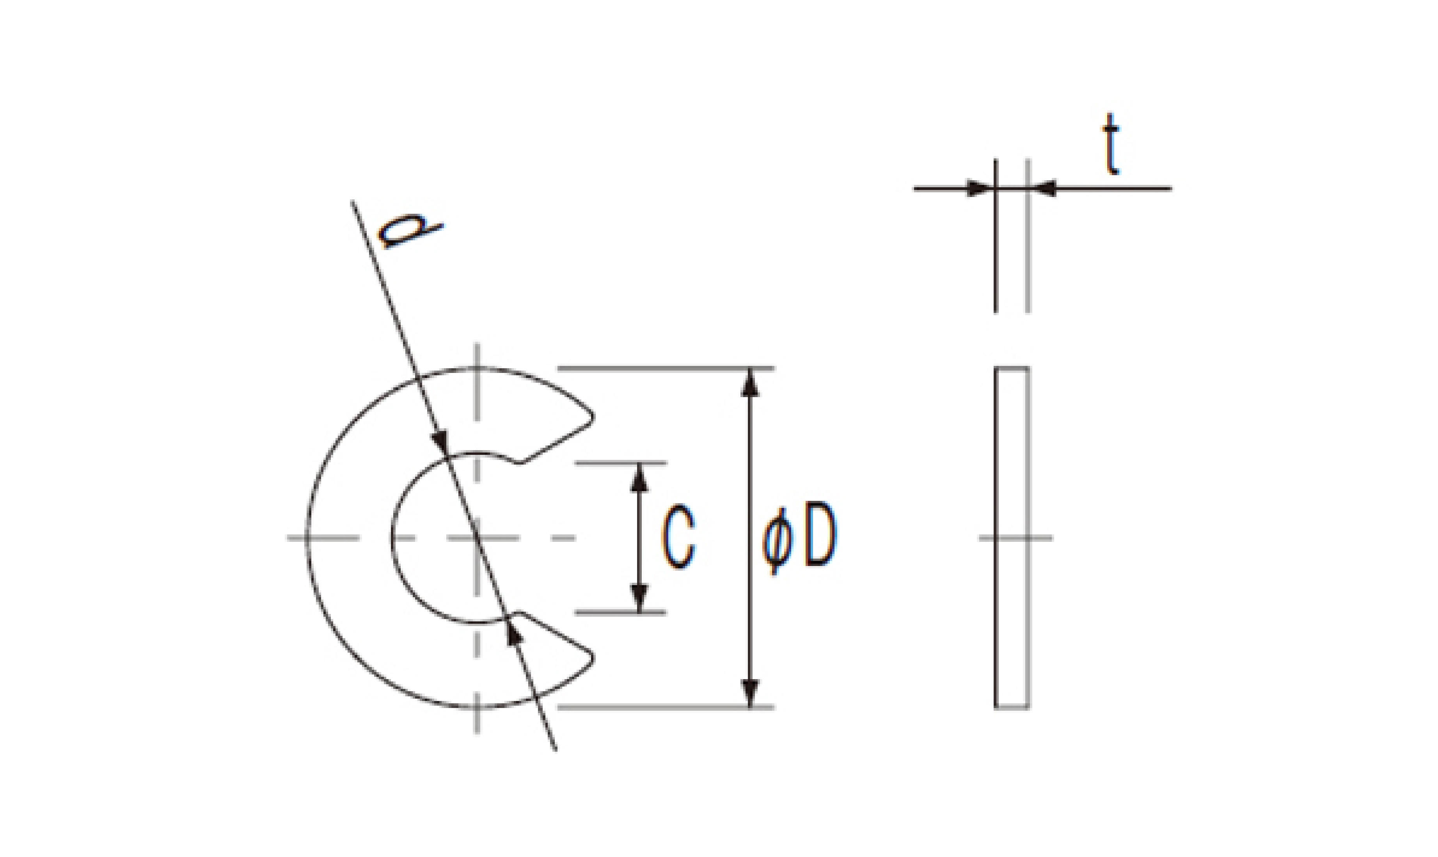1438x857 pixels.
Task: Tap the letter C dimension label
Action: pos(678,537)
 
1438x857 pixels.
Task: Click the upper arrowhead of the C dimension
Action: pos(639,477)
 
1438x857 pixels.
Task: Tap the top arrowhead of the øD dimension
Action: pos(749,382)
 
